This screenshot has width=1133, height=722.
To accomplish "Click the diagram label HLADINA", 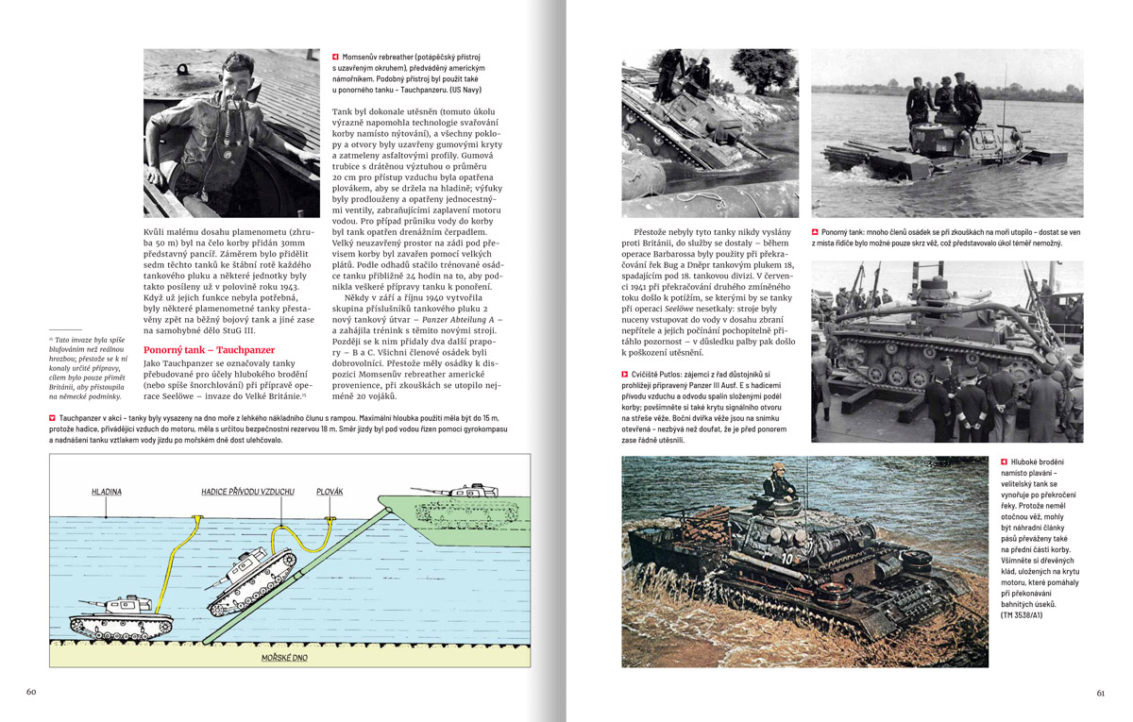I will (x=106, y=492).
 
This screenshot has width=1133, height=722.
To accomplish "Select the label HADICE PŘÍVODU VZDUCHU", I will (x=247, y=492).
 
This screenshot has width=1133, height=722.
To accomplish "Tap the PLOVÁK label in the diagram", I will (x=330, y=492).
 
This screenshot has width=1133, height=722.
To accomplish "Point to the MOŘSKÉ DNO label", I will (x=284, y=658).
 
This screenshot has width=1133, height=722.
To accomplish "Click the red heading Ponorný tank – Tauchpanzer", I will (x=194, y=349).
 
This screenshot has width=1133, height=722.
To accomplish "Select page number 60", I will (x=30, y=692).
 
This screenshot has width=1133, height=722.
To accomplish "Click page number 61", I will (x=1100, y=692).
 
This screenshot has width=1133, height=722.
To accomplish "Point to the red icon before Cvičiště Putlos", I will (x=626, y=376).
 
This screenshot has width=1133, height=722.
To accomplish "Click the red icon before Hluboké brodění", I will (x=1004, y=462).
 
